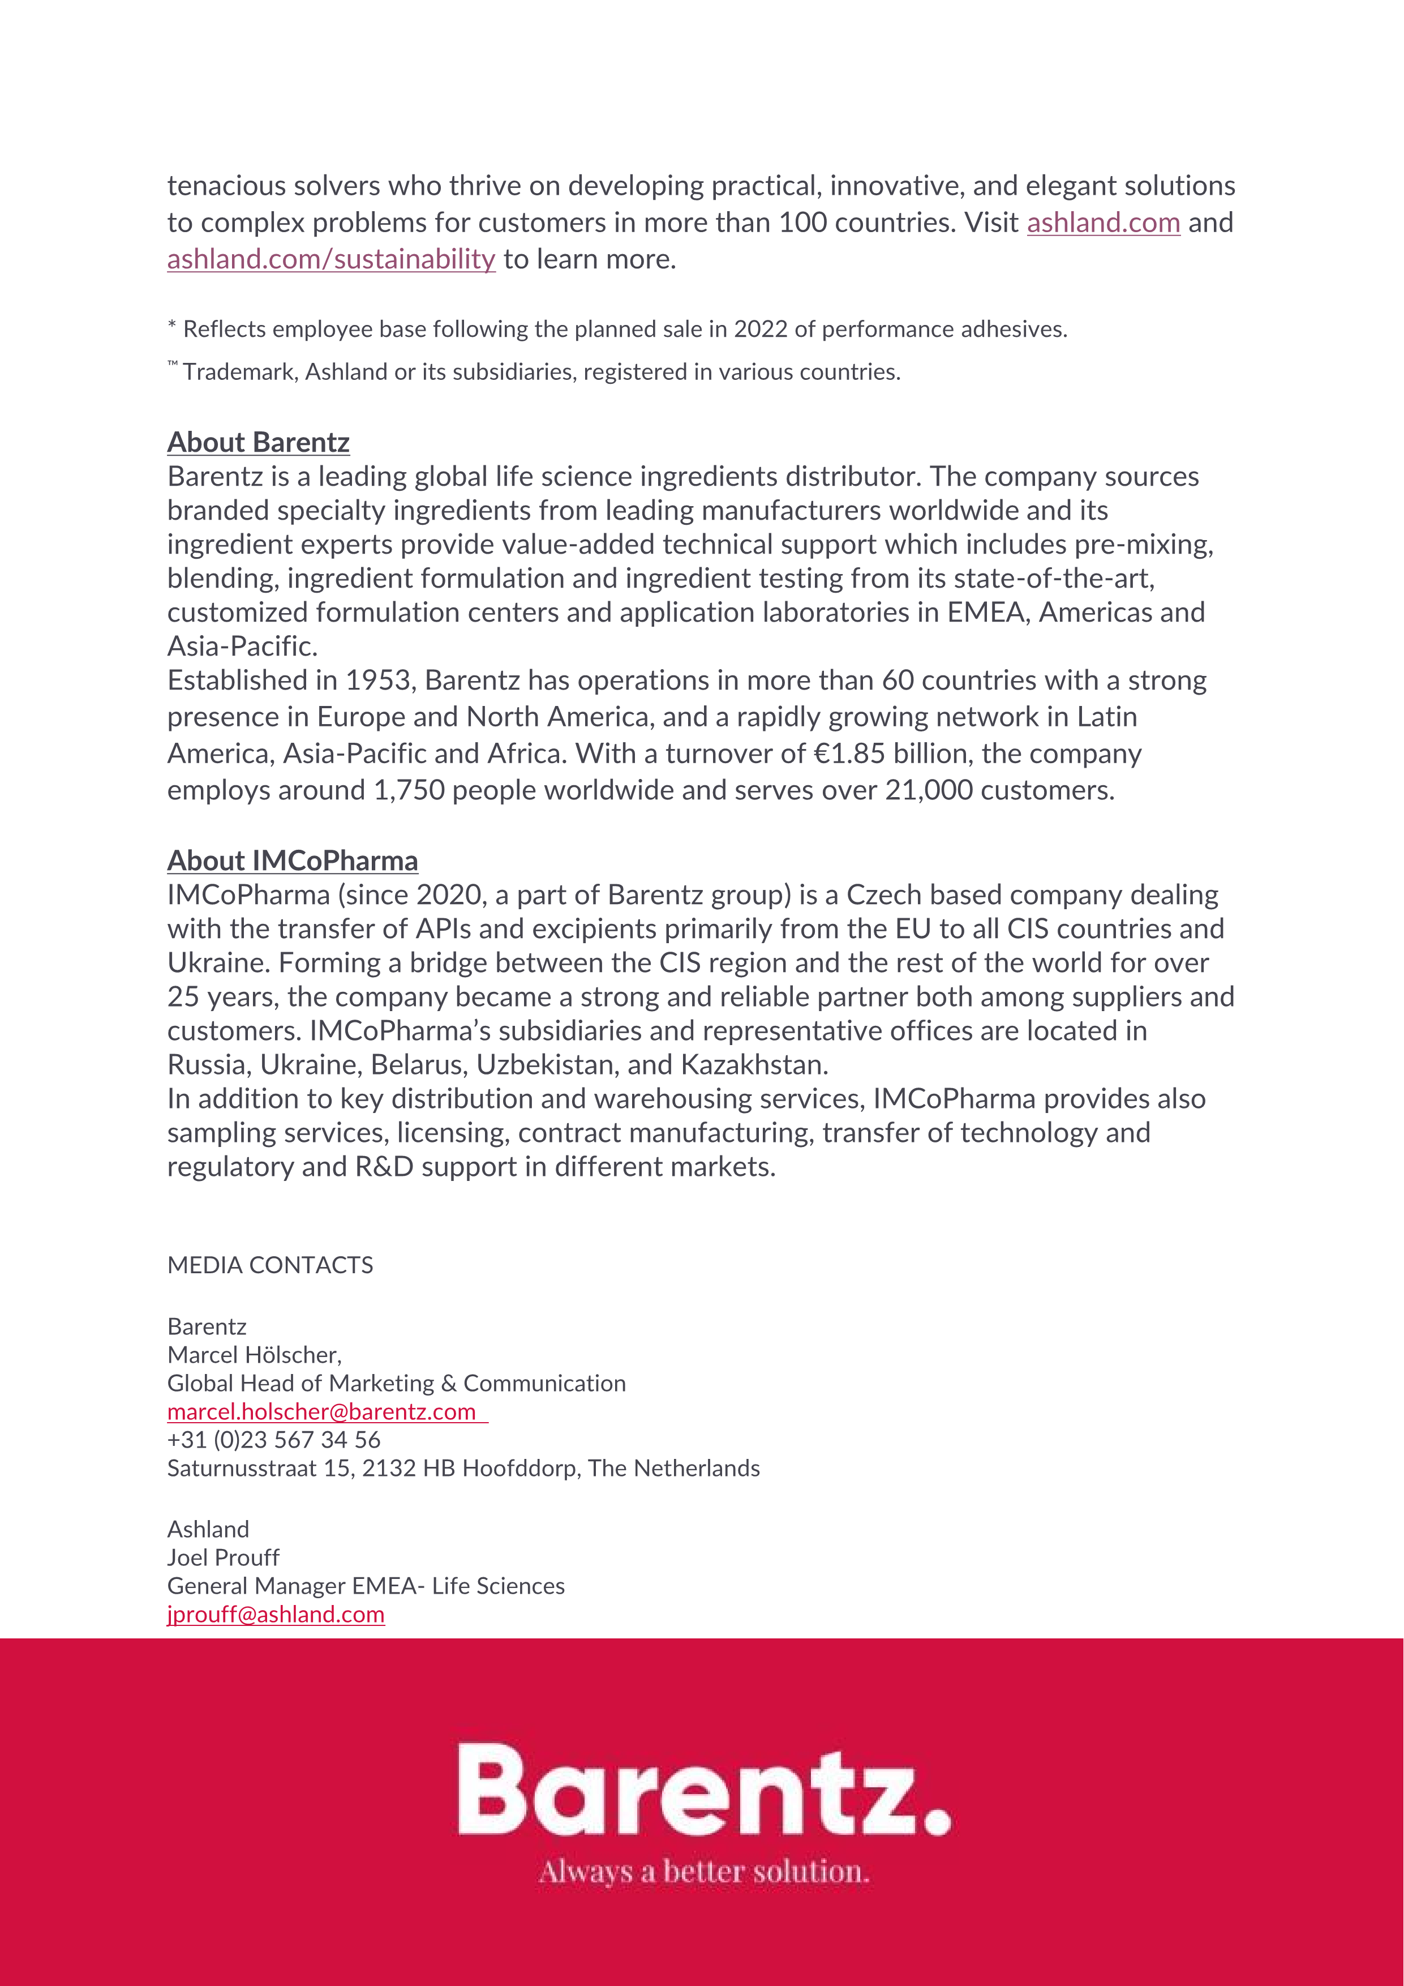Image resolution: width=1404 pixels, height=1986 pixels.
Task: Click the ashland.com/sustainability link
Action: pyautogui.click(x=331, y=259)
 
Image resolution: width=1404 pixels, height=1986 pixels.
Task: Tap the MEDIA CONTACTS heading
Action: pyautogui.click(x=270, y=1265)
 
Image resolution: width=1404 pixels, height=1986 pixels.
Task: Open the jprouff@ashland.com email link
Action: pyautogui.click(x=276, y=1614)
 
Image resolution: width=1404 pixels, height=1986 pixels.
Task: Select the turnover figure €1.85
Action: pyautogui.click(x=849, y=754)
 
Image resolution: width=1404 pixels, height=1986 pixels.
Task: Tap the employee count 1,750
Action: pyautogui.click(x=409, y=790)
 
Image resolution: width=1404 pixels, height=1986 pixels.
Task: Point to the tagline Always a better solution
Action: pyautogui.click(x=704, y=1872)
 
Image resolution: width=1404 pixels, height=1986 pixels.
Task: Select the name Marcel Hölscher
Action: pyautogui.click(x=254, y=1355)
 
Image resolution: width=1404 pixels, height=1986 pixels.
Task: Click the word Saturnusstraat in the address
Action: pyautogui.click(x=241, y=1468)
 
